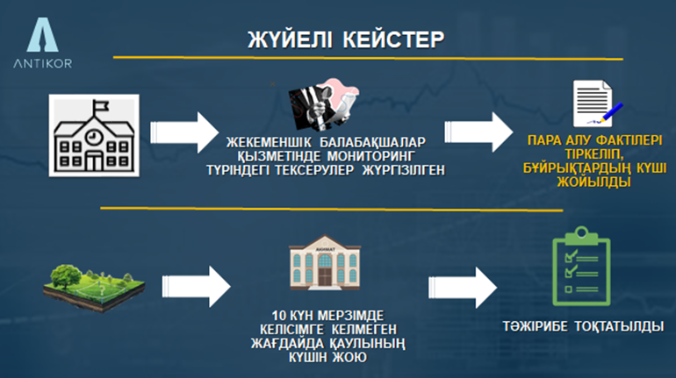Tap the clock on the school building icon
pyautogui.click(x=93, y=137)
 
